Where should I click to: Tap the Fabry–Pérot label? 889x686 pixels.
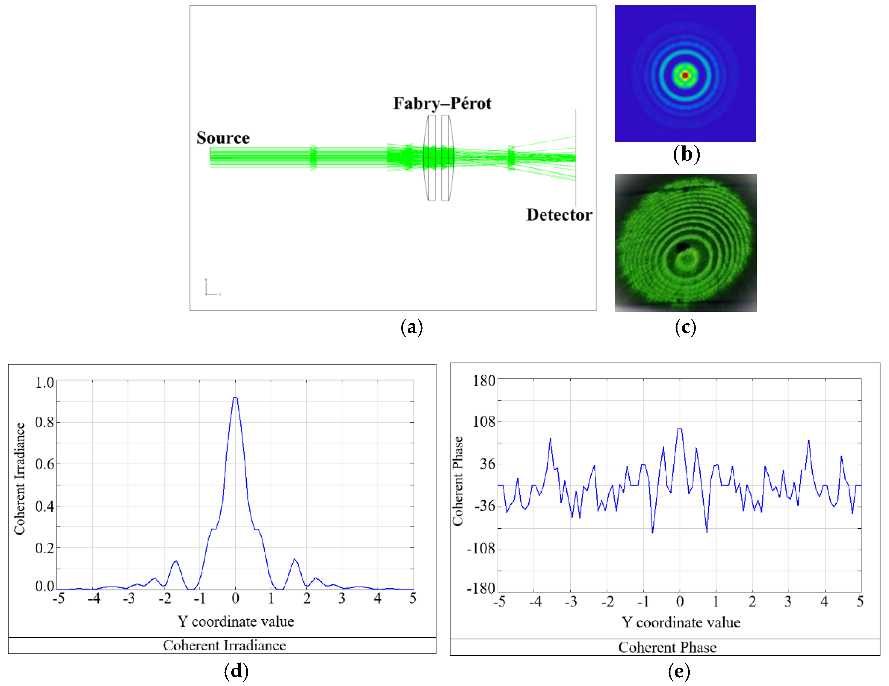coord(442,103)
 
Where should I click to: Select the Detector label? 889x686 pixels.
coord(559,215)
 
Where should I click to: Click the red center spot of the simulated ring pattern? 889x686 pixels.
coord(685,75)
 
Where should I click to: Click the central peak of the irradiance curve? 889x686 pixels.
coord(235,398)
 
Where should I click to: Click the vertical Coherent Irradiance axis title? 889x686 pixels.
coord(19,479)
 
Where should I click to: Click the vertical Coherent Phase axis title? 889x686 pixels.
coord(458,481)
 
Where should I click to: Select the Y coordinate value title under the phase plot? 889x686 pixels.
coord(681,622)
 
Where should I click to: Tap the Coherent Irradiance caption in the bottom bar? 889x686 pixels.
coord(224,645)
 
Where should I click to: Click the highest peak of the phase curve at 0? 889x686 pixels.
coord(679,428)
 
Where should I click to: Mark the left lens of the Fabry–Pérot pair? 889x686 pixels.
coord(430,158)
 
